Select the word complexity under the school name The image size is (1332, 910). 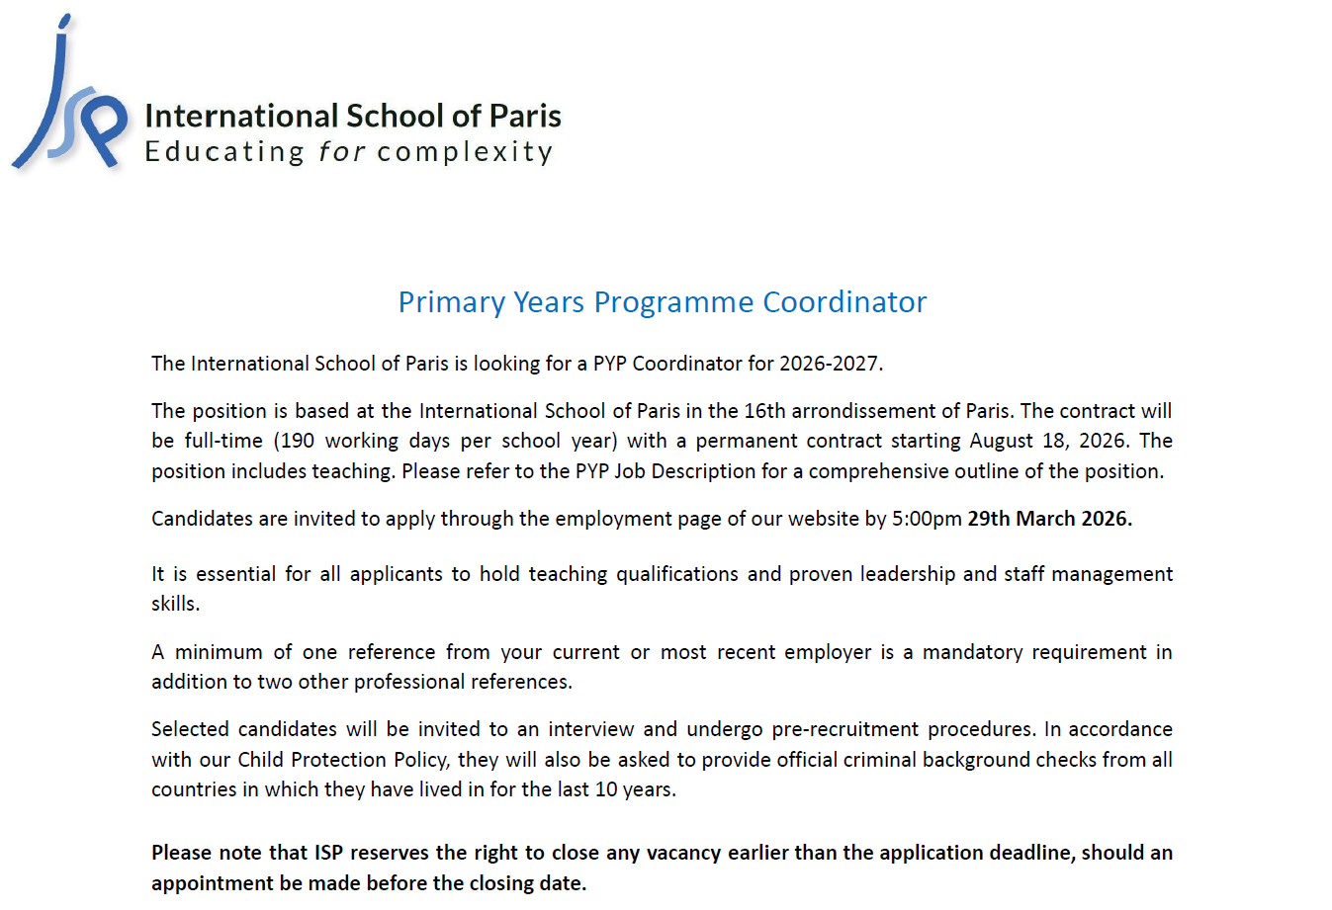coord(465,153)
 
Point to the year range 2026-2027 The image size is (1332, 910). coord(829,364)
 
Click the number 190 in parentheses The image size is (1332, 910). coord(297,441)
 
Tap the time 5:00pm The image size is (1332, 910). coord(927,519)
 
